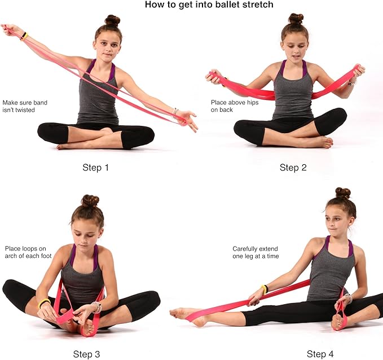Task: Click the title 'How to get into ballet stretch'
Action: click(209, 5)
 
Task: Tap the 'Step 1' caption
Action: click(96, 168)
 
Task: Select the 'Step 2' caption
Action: click(293, 168)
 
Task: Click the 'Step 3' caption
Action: click(87, 354)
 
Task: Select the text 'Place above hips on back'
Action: click(230, 106)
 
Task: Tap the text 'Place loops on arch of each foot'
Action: click(25, 252)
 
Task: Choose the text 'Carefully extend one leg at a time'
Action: click(256, 252)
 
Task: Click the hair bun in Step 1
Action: click(112, 20)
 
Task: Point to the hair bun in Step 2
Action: click(296, 19)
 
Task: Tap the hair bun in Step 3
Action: click(90, 200)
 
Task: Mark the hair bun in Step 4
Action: click(342, 193)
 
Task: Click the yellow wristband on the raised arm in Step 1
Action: click(24, 36)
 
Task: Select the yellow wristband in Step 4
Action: click(265, 289)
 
